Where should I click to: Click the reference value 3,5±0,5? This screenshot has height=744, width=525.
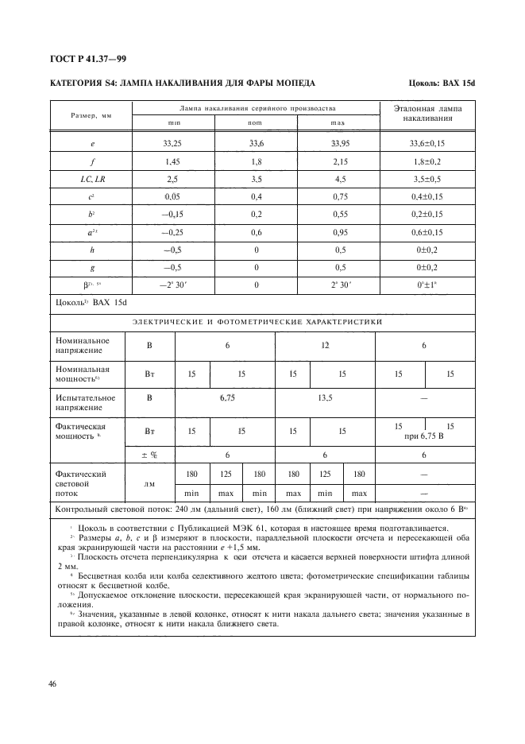pos(427,180)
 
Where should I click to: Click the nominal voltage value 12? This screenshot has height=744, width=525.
pos(324,346)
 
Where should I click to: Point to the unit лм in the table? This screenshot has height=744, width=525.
pos(149,482)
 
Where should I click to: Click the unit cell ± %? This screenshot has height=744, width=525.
pos(149,455)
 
